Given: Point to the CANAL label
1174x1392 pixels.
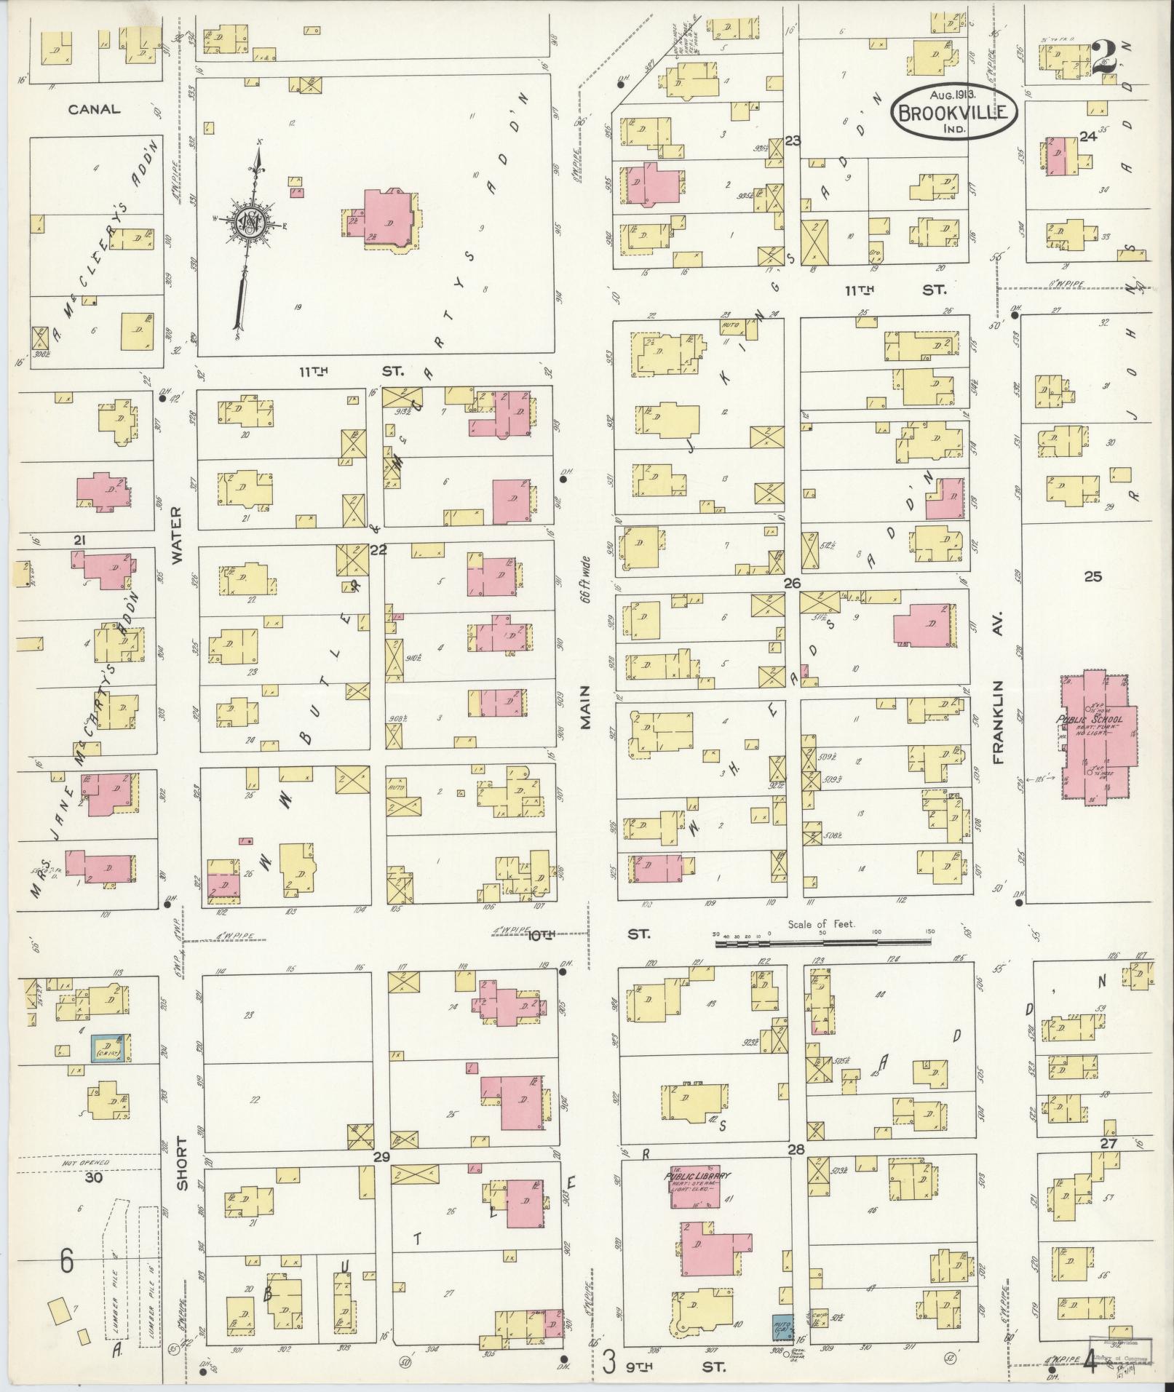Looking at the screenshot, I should click(x=94, y=110).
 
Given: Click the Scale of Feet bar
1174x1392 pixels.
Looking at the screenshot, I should click(x=822, y=943).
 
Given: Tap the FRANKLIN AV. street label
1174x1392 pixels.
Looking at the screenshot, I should click(x=998, y=722).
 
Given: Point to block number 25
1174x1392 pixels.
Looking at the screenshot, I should click(x=1092, y=577).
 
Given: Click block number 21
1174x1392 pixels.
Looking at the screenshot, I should click(x=80, y=539).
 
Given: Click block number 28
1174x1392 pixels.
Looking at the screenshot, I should click(x=796, y=1150).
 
